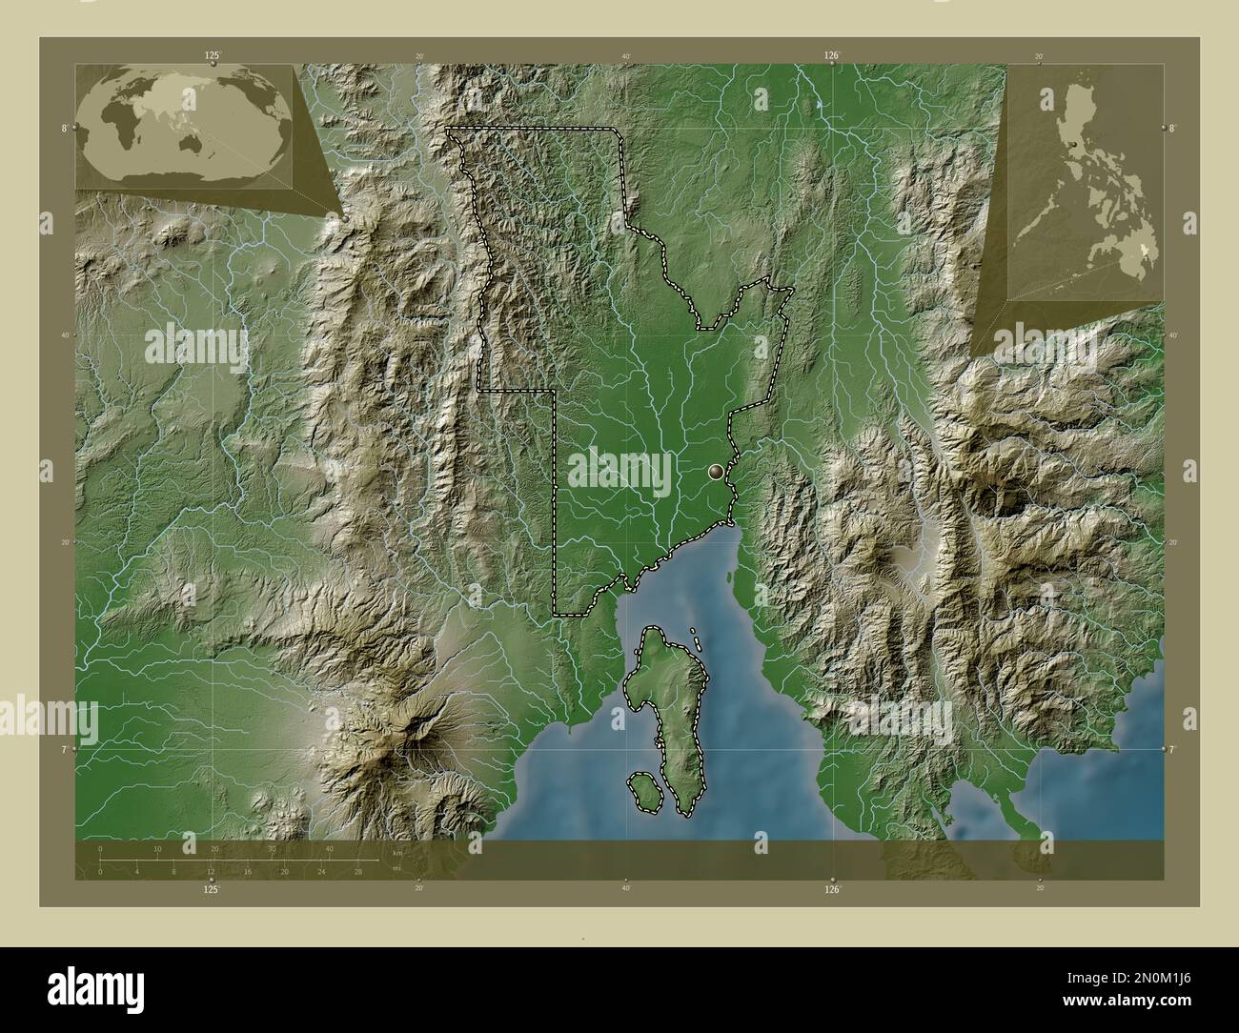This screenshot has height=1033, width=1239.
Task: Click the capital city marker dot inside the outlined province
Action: pyautogui.click(x=717, y=470)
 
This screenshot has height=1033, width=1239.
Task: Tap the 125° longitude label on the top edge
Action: pyautogui.click(x=212, y=56)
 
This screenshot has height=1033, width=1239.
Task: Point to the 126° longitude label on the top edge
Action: pyautogui.click(x=832, y=56)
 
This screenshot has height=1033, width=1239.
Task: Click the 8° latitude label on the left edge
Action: pyautogui.click(x=64, y=128)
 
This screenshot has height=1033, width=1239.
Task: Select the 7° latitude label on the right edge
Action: pyautogui.click(x=1174, y=750)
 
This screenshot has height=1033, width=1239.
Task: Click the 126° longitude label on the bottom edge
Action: pyautogui.click(x=832, y=889)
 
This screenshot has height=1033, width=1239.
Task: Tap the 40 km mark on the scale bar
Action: pyautogui.click(x=329, y=848)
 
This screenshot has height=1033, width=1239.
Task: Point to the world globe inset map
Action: pyautogui.click(x=186, y=125)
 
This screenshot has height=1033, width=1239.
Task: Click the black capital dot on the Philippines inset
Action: pyautogui.click(x=1074, y=144)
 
